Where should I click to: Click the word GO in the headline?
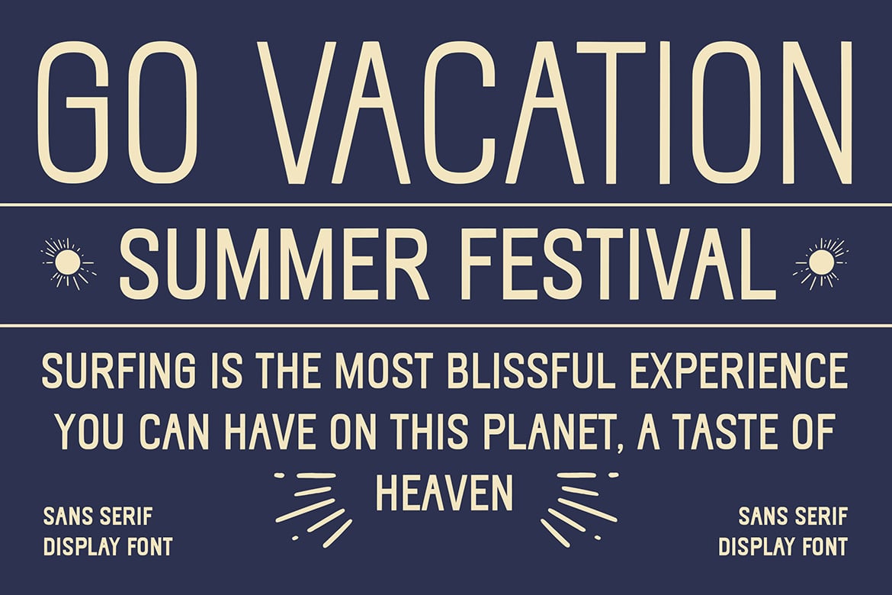pyautogui.click(x=117, y=111)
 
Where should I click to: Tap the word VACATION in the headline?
pyautogui.click(x=555, y=112)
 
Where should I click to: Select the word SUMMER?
pyautogui.click(x=274, y=264)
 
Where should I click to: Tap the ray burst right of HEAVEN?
pyautogui.click(x=579, y=507)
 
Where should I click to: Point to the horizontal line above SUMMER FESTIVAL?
pyautogui.click(x=446, y=204)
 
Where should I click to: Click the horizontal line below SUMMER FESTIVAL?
pyautogui.click(x=446, y=326)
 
